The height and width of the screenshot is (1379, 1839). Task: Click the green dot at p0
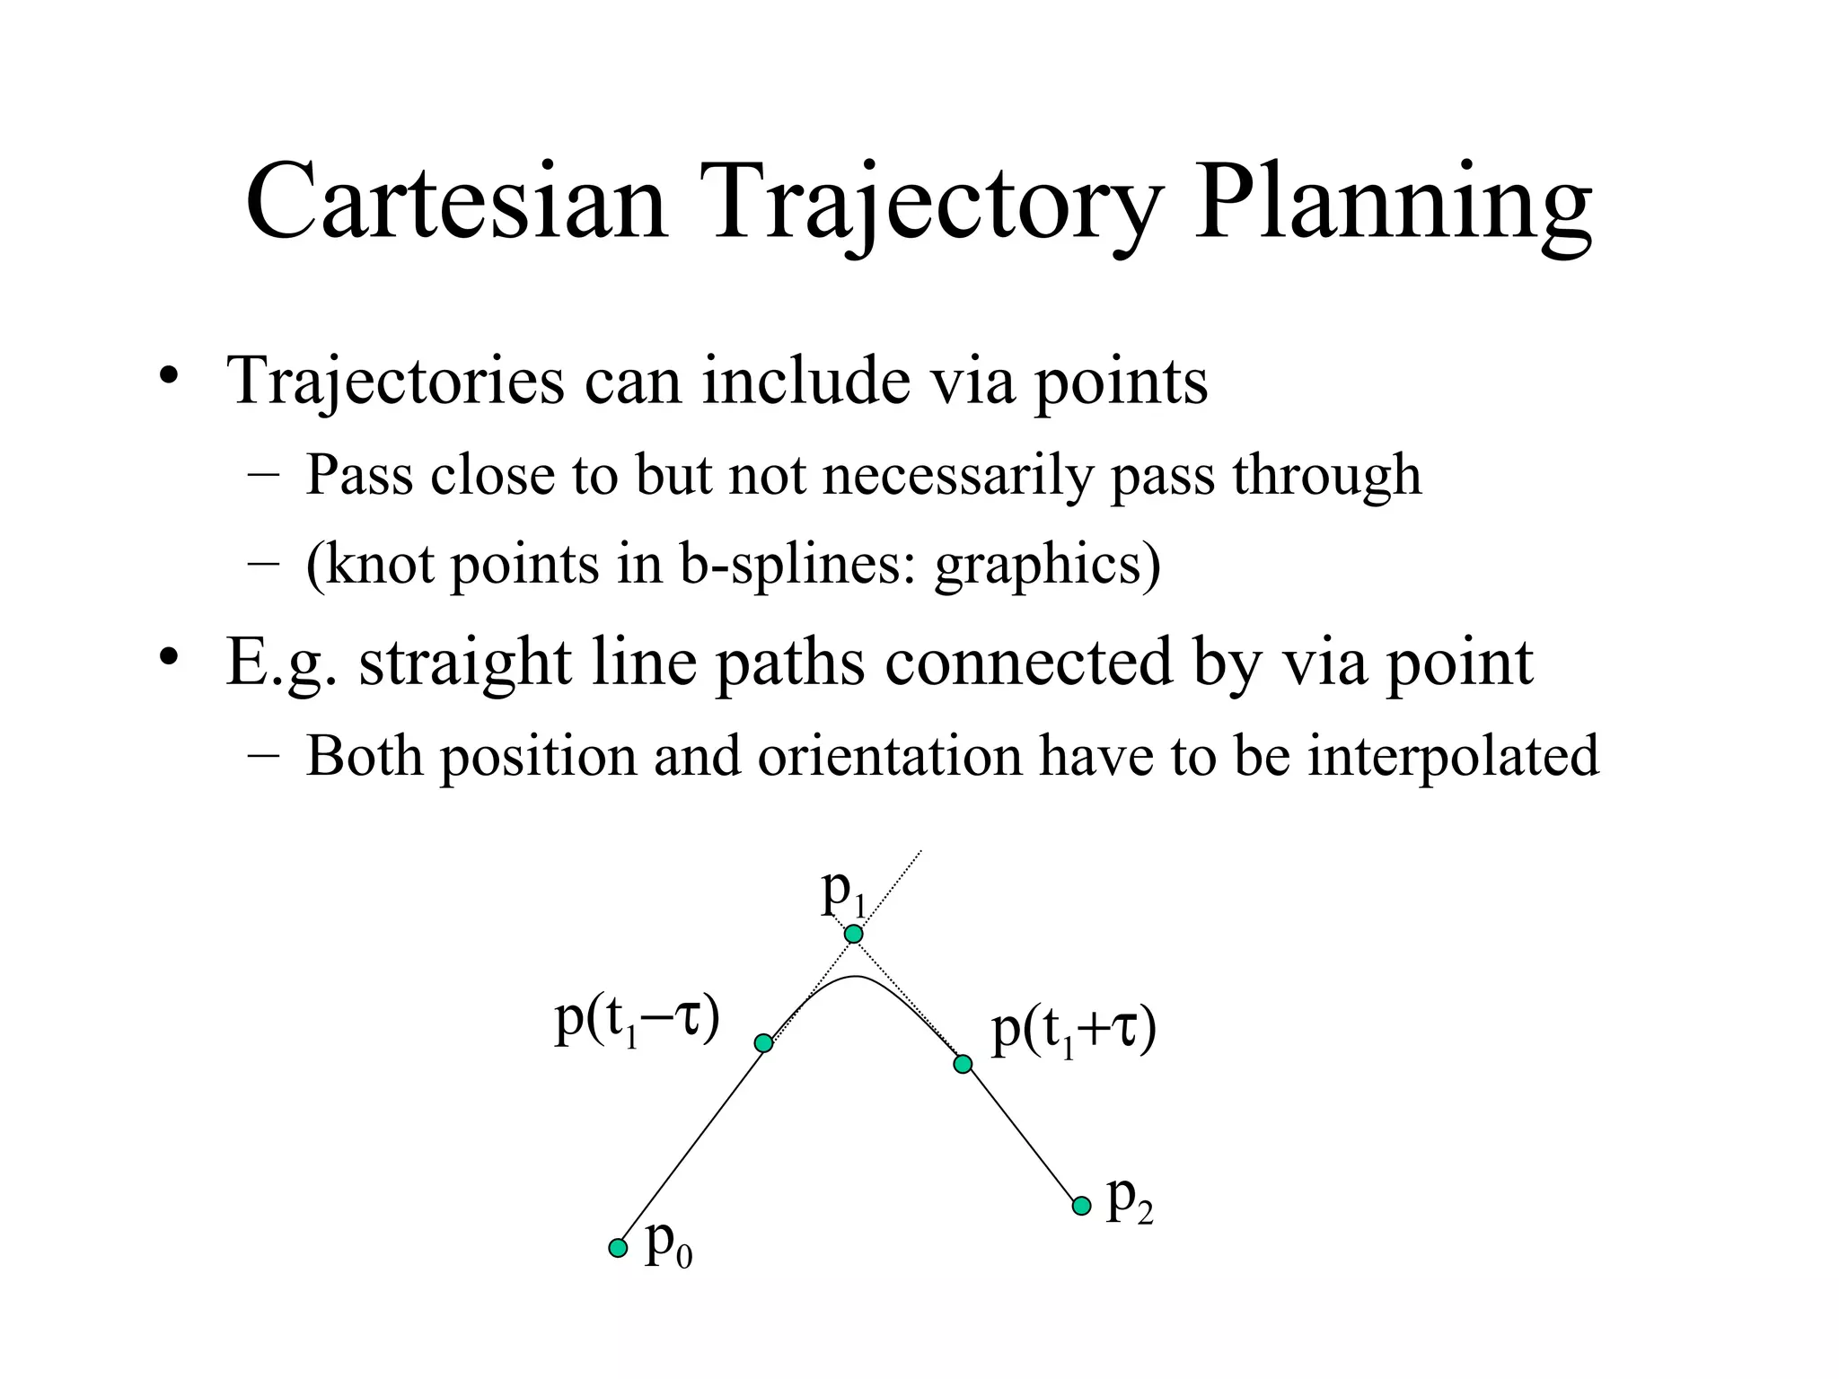click(618, 1248)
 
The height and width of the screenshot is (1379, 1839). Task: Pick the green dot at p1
click(854, 935)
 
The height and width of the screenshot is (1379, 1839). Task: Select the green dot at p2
click(1082, 1206)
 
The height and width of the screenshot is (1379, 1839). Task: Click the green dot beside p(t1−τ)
click(763, 1043)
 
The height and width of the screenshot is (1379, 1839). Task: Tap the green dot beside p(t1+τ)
click(963, 1064)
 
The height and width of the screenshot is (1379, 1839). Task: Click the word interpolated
click(1453, 756)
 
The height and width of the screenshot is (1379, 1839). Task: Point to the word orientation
click(889, 756)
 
